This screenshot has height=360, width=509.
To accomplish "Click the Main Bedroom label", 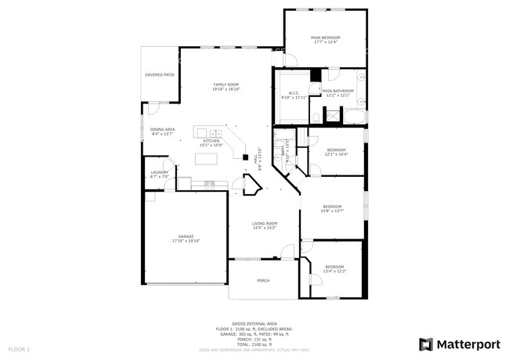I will click(325, 38).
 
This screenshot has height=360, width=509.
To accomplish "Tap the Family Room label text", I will click(227, 85).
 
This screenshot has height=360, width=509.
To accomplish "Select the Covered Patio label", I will click(159, 75).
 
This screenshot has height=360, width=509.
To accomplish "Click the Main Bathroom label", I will click(338, 92).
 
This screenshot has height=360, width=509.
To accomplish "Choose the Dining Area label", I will click(163, 129).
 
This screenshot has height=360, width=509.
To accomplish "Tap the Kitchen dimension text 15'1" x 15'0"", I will click(211, 145).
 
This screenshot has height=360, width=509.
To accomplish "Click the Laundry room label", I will click(160, 172).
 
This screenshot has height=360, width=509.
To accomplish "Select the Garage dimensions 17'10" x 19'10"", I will click(186, 241).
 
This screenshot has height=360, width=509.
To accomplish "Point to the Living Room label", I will click(264, 223).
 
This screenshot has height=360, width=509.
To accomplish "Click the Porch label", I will click(263, 280).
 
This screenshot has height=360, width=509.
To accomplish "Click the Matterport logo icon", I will click(426, 344).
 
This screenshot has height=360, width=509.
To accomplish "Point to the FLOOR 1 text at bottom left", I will click(19, 348).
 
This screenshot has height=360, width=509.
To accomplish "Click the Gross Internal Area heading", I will click(254, 322).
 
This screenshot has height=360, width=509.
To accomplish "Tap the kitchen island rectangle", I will click(206, 160).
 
